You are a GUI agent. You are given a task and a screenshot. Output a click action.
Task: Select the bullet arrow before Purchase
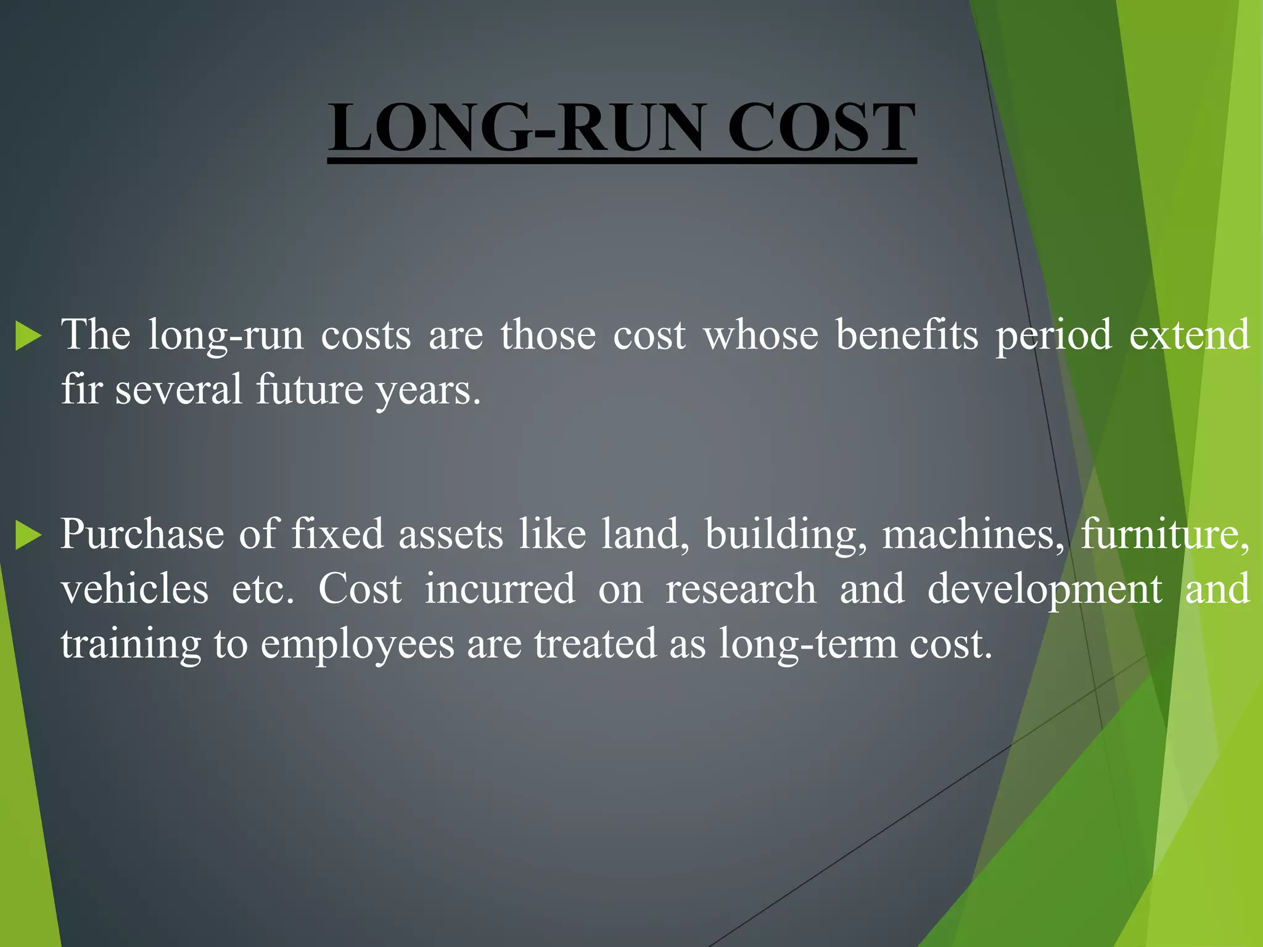coord(28,534)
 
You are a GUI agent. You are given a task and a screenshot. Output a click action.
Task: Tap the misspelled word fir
coord(81,389)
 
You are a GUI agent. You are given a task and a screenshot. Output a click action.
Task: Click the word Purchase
coord(142,534)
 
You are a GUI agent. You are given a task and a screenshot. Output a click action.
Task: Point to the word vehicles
coord(134,589)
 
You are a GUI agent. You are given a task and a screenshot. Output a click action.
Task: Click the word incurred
coord(500,589)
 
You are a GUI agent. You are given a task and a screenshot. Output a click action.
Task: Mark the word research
coord(741,589)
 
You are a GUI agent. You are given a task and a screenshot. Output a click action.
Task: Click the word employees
coord(358,645)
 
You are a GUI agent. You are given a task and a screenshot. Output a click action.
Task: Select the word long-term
coord(808,645)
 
